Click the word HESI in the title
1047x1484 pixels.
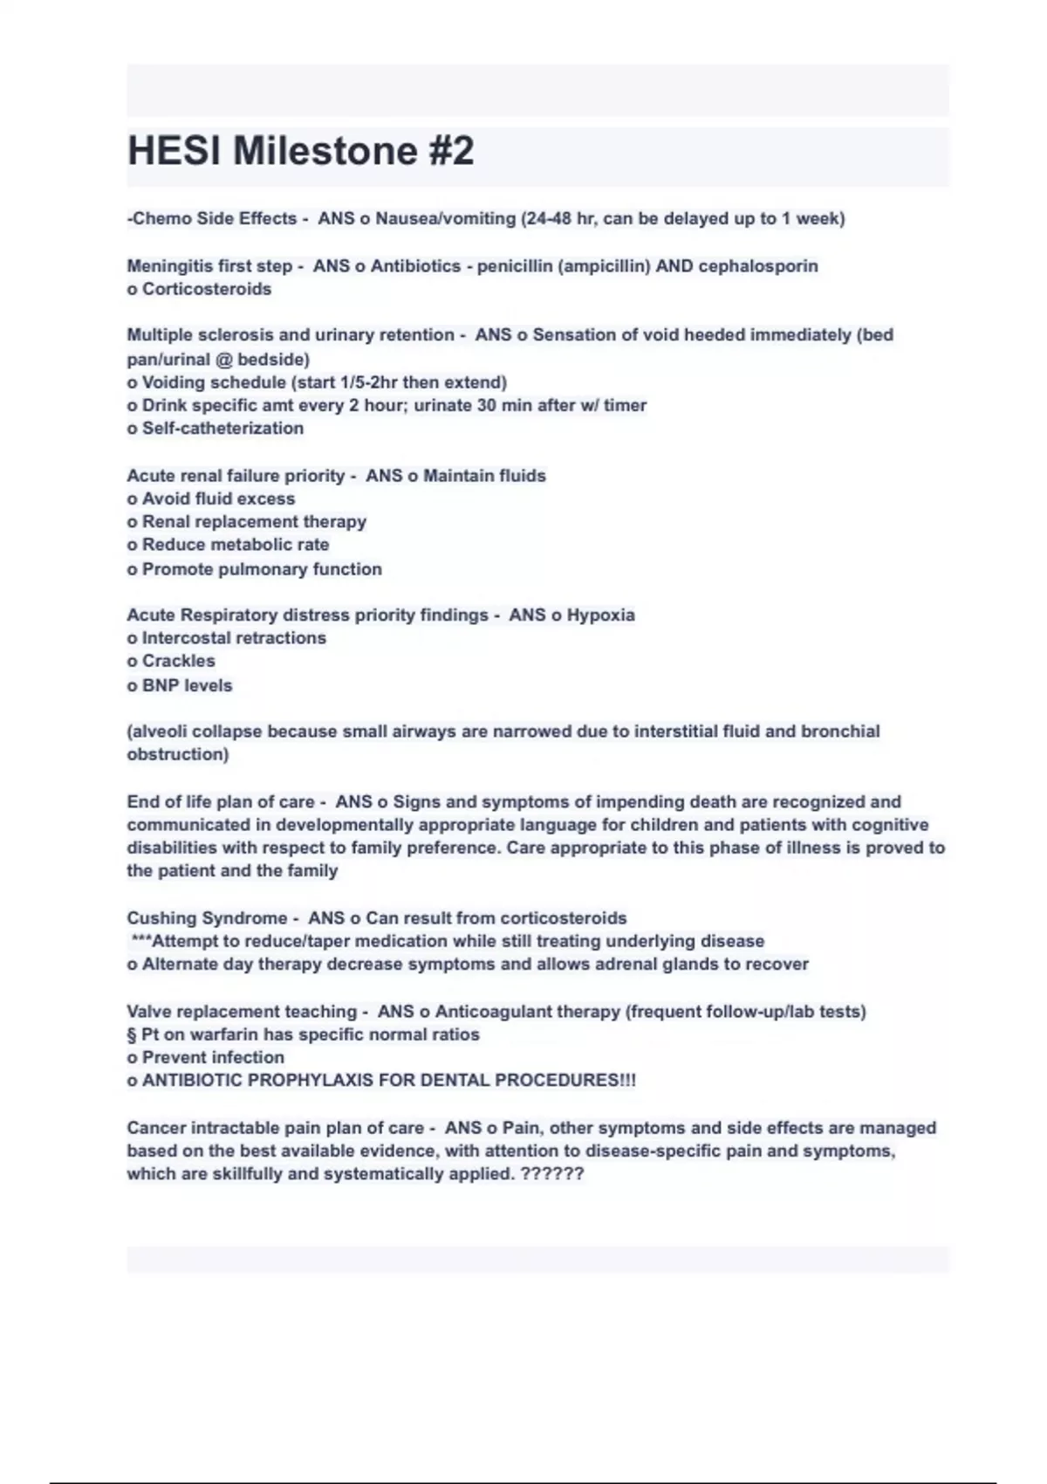[174, 151]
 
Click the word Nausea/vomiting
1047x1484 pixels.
[445, 218]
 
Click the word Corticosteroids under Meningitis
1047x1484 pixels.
[207, 289]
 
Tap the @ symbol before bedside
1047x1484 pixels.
[224, 359]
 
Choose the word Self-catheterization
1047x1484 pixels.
[222, 428]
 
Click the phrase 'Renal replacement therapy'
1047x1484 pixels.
[254, 521]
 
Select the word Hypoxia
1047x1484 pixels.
[600, 615]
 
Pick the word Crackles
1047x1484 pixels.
[178, 661]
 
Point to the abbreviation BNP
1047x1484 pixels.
[161, 685]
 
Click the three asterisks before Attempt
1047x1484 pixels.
[140, 940]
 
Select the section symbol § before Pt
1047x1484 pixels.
[132, 1034]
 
